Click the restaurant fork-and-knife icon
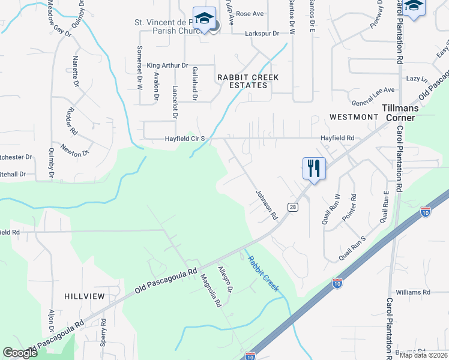314,167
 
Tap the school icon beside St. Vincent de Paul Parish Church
204,18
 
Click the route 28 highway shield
293,207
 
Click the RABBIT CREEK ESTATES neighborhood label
242,81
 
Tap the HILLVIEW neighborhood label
85,296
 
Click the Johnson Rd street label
267,205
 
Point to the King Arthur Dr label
167,65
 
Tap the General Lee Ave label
373,90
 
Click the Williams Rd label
413,292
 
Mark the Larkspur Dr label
262,34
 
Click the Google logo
20,353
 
